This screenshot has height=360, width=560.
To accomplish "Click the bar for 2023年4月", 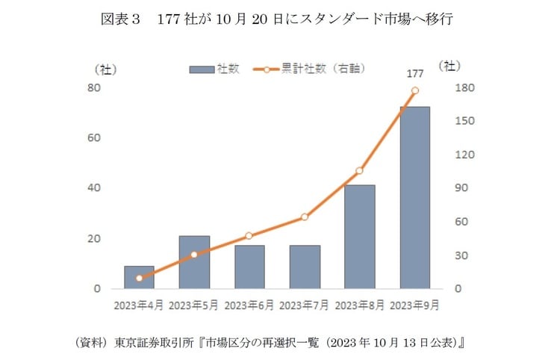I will pos(139,277).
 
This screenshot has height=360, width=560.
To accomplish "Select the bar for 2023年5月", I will pos(194,262).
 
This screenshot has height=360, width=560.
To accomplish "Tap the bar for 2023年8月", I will pos(359,237).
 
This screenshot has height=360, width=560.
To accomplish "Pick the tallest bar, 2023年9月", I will pos(414,197).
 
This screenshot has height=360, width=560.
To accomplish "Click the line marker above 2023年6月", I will pos(249,235).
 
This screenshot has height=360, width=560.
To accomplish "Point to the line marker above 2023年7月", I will pos(305,217).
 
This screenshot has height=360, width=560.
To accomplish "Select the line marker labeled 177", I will pos(415,90).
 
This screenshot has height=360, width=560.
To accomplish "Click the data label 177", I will pos(415,74).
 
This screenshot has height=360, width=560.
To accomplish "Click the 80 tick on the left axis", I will pos(94,88).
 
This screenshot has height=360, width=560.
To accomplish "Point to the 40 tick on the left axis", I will pos(94,188).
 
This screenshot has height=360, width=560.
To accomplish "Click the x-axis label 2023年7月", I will pos(305,305).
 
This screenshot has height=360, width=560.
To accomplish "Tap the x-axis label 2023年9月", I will pos(414,305).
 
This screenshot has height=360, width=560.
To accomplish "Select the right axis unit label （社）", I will pos(449,66).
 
